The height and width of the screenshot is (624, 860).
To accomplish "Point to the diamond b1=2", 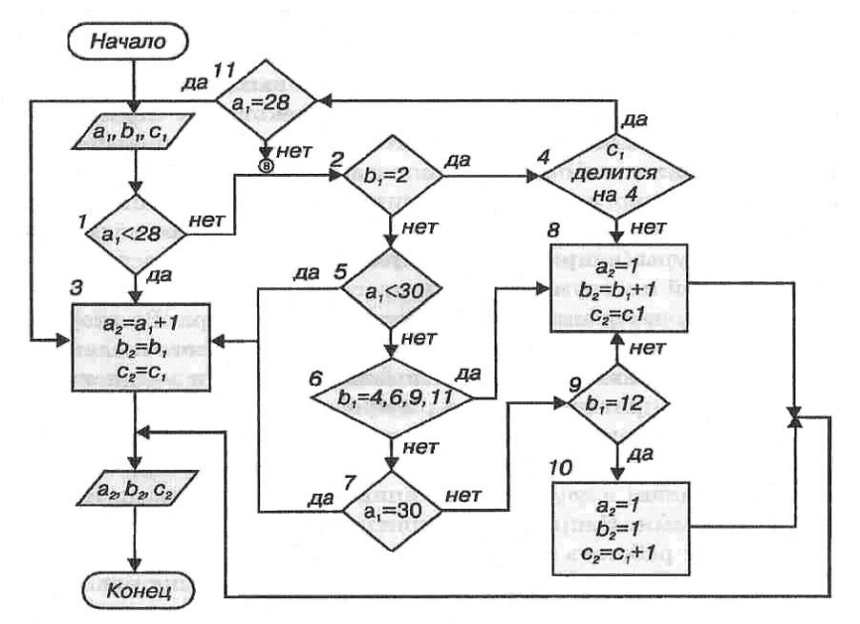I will coord(394,176).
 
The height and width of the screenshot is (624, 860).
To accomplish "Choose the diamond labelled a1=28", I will coord(267,100).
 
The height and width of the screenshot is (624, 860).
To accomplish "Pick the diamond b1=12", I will coord(616,403).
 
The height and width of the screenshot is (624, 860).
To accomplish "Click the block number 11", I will coord(224,70).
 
